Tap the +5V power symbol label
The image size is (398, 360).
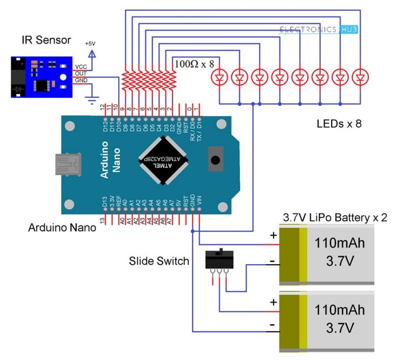click(x=91, y=44)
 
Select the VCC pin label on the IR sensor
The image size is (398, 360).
click(x=80, y=67)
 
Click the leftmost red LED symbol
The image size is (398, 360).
click(x=220, y=78)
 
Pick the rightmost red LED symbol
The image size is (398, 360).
click(x=360, y=78)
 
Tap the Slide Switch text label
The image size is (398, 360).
click(x=159, y=261)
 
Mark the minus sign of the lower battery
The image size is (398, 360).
click(x=272, y=325)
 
